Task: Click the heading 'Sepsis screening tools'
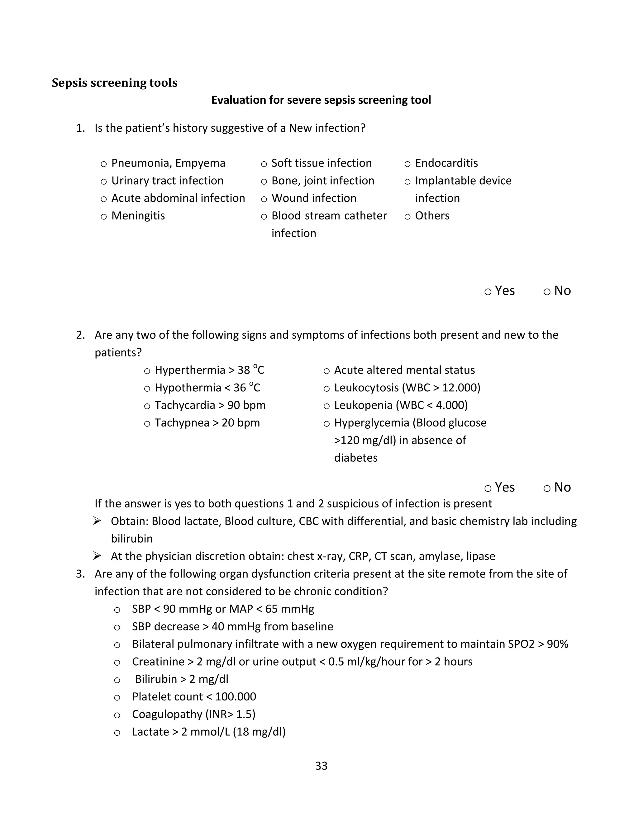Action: click(115, 83)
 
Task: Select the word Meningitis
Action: click(138, 216)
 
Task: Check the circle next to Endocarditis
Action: click(407, 164)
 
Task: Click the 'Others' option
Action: click(432, 216)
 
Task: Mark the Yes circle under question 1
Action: click(488, 292)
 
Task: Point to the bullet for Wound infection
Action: click(264, 199)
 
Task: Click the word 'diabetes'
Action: click(356, 458)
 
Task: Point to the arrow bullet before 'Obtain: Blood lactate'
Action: click(97, 521)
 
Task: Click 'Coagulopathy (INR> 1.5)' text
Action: click(193, 714)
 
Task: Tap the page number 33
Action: click(321, 766)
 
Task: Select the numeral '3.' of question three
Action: click(80, 574)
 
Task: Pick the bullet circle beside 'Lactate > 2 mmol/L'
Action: click(117, 733)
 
